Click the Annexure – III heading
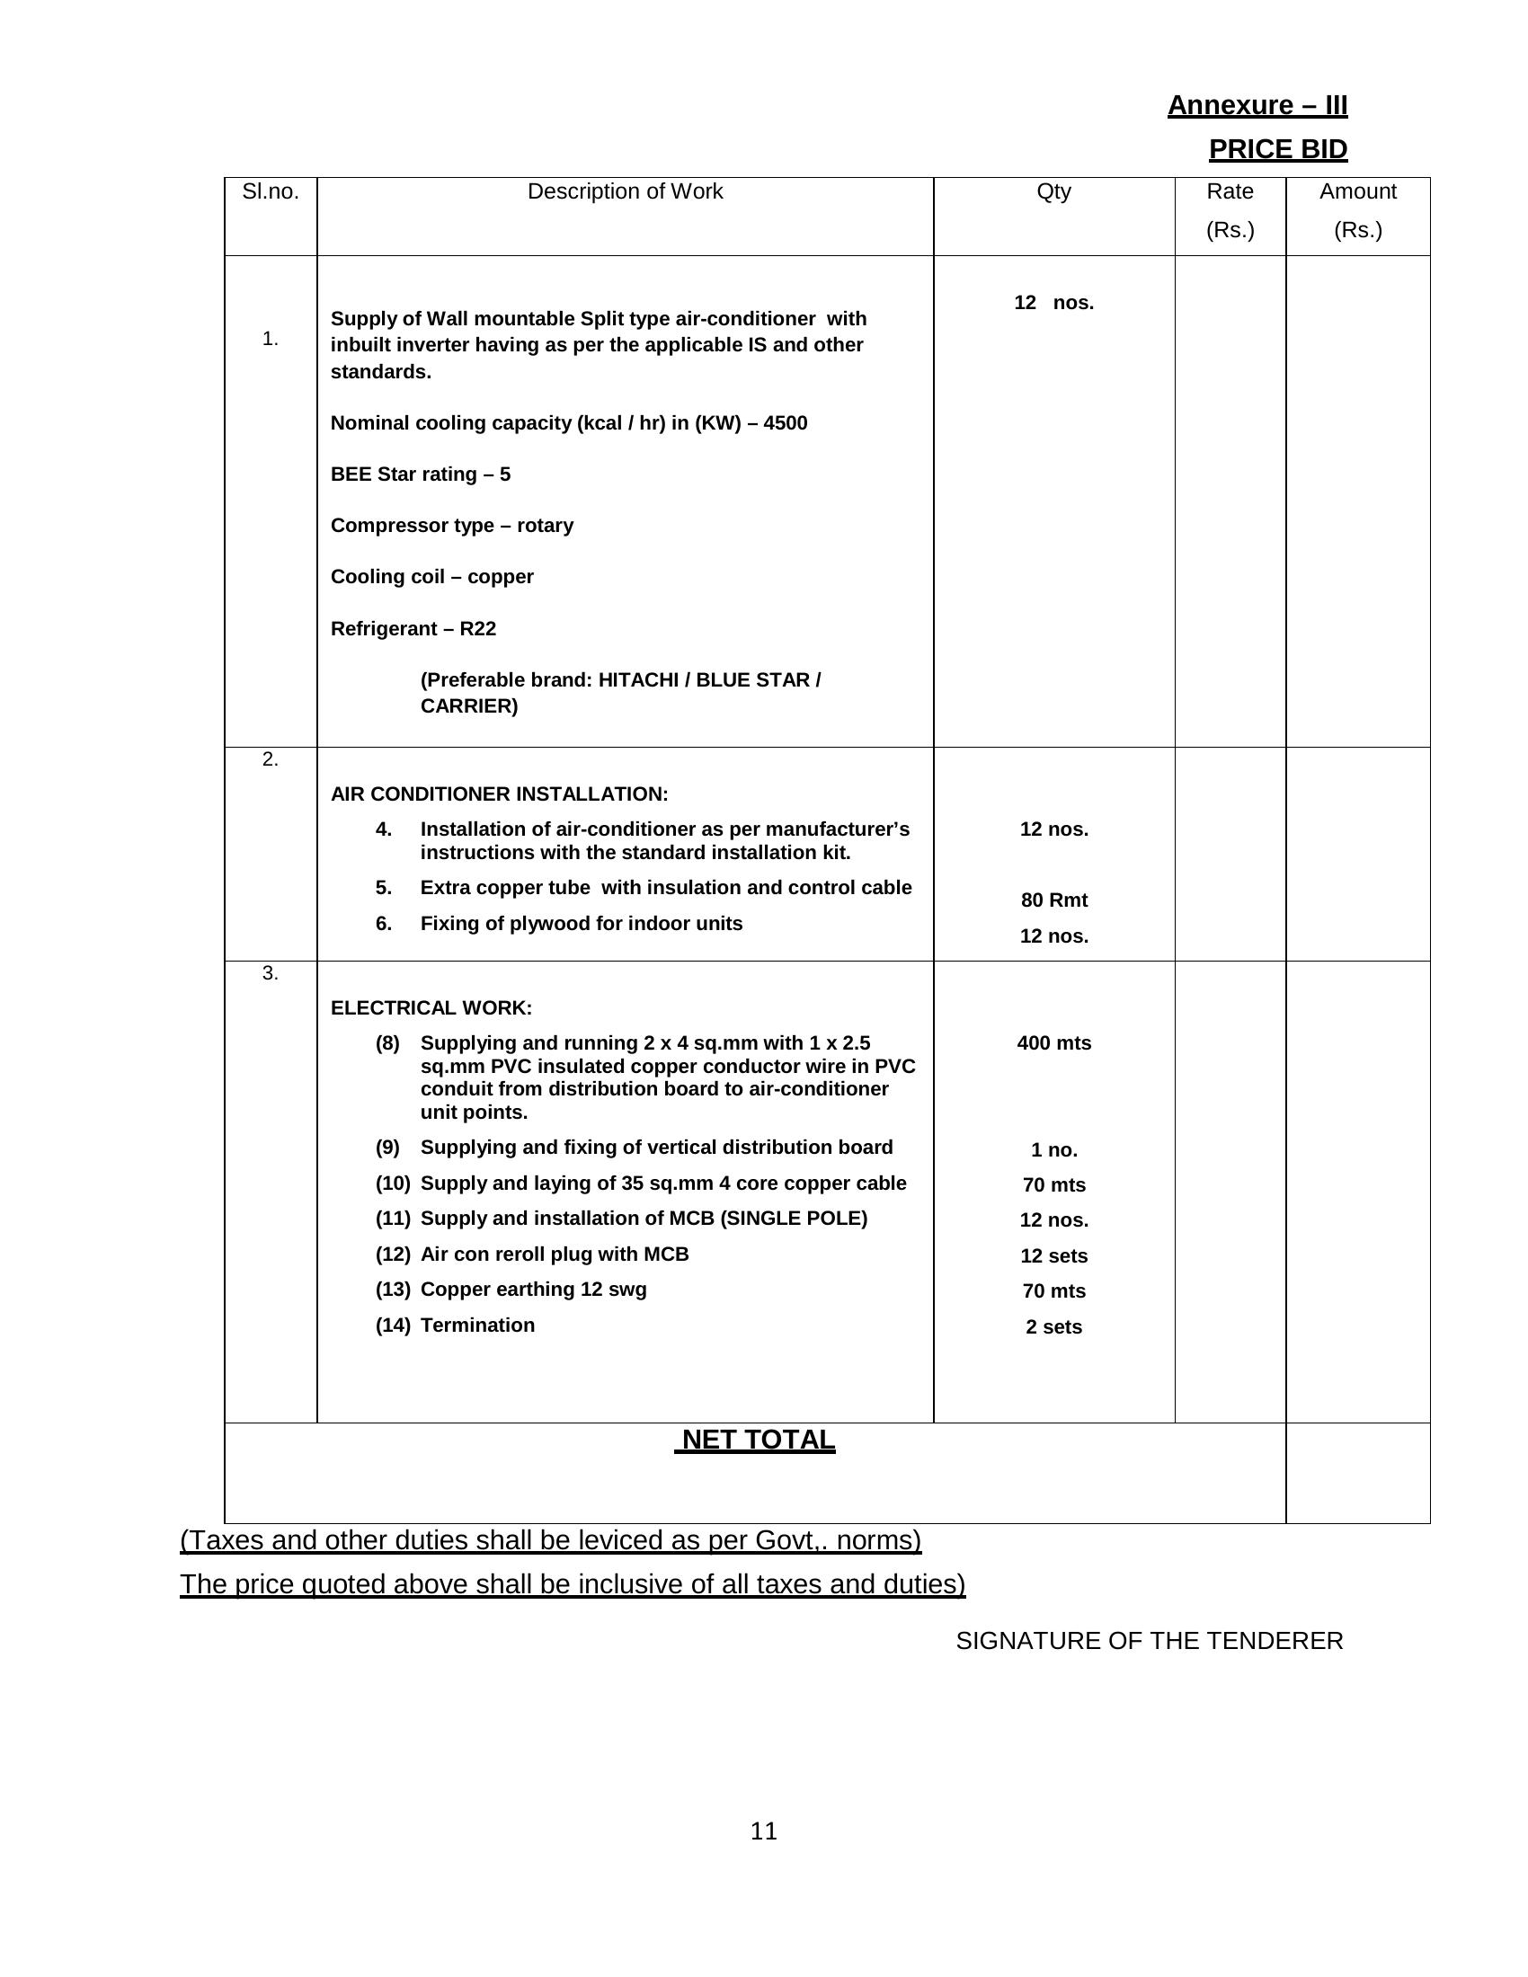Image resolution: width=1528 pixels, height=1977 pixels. pyautogui.click(x=1257, y=106)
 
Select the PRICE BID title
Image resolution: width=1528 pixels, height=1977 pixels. pyautogui.click(x=1277, y=150)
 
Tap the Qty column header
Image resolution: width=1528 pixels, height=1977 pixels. pyautogui.click(x=1053, y=192)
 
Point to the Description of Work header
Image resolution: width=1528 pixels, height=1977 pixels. pyautogui.click(x=625, y=192)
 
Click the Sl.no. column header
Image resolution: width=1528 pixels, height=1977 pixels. pyautogui.click(x=270, y=192)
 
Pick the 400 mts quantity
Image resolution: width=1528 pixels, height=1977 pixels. pyautogui.click(x=1053, y=1042)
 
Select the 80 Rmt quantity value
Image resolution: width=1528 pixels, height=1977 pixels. pyautogui.click(x=1053, y=900)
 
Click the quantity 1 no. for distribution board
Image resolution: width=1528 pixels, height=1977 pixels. pyautogui.click(x=1053, y=1149)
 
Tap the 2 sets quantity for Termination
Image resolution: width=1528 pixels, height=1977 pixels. pyautogui.click(x=1053, y=1326)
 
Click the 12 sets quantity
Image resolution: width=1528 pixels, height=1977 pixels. pyautogui.click(x=1053, y=1255)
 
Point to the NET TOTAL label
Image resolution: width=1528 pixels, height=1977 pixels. pyautogui.click(x=757, y=1441)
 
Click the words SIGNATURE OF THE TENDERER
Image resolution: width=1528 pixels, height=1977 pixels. pyautogui.click(x=1149, y=1640)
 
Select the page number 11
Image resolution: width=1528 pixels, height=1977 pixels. pyautogui.click(x=763, y=1831)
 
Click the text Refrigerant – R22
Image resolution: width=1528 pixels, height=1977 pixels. pyautogui.click(x=413, y=628)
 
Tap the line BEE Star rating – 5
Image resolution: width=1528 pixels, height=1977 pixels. pyautogui.click(x=420, y=474)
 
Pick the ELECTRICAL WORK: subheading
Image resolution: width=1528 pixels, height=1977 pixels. pyautogui.click(x=431, y=1007)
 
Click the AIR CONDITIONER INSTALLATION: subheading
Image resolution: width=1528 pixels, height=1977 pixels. pyautogui.click(x=499, y=793)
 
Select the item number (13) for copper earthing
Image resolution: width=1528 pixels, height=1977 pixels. pyautogui.click(x=393, y=1289)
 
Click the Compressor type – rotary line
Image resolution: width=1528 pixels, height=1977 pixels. pyautogui.click(x=452, y=526)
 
